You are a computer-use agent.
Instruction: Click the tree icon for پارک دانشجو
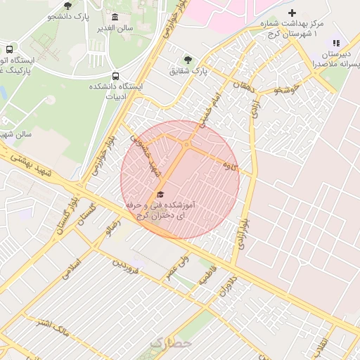coord(67,6)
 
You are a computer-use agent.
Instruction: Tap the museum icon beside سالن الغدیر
coord(115,18)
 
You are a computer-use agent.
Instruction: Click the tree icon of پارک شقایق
coord(187,60)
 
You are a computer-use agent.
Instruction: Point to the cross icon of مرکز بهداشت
coord(292,13)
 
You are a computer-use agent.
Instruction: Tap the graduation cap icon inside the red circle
coord(160,193)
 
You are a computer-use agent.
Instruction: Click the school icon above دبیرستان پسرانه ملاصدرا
coord(335,44)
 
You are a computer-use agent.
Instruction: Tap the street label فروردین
coord(131,269)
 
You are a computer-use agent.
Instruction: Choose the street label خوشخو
coord(288,89)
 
